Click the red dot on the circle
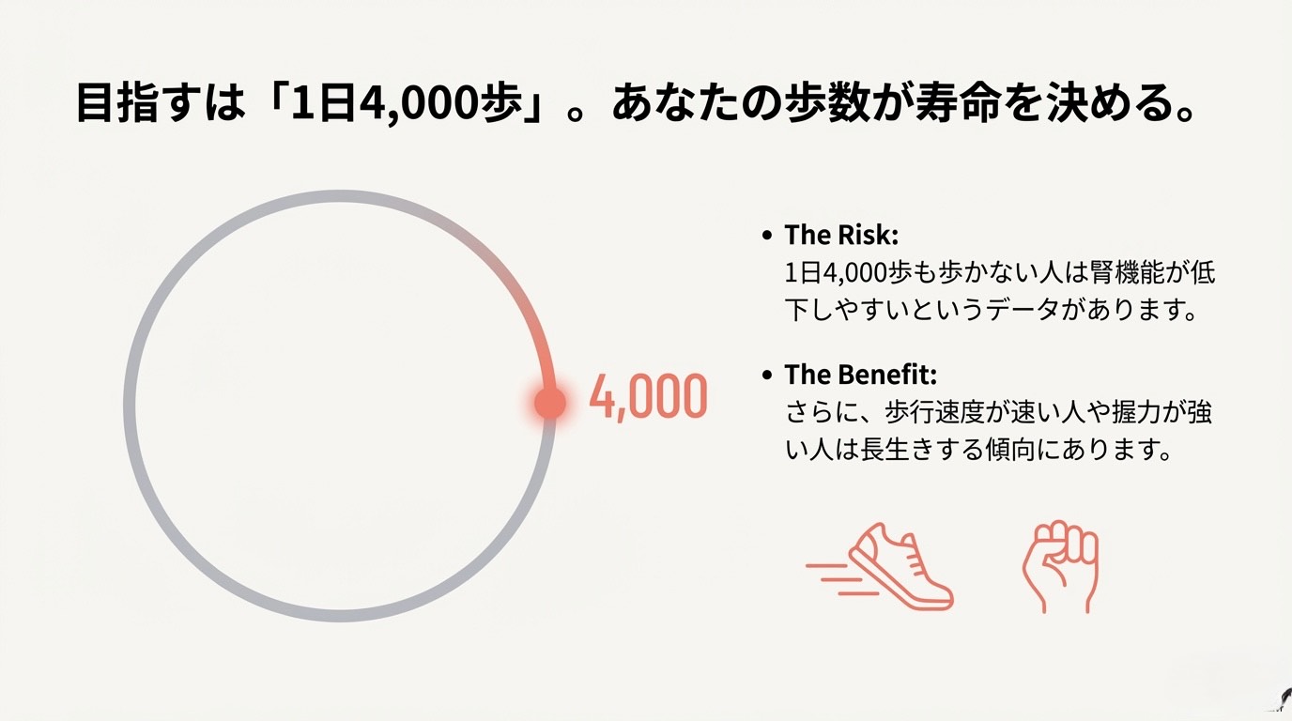pyautogui.click(x=549, y=403)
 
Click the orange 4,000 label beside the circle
pyautogui.click(x=648, y=397)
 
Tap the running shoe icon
pyautogui.click(x=901, y=566)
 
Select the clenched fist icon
pyautogui.click(x=1061, y=566)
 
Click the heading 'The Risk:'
pyautogui.click(x=841, y=235)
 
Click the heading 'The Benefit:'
pyautogui.click(x=860, y=375)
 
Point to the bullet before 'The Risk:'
pyautogui.click(x=766, y=236)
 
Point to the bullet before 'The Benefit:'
pyautogui.click(x=766, y=376)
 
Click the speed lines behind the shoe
pyautogui.click(x=837, y=578)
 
